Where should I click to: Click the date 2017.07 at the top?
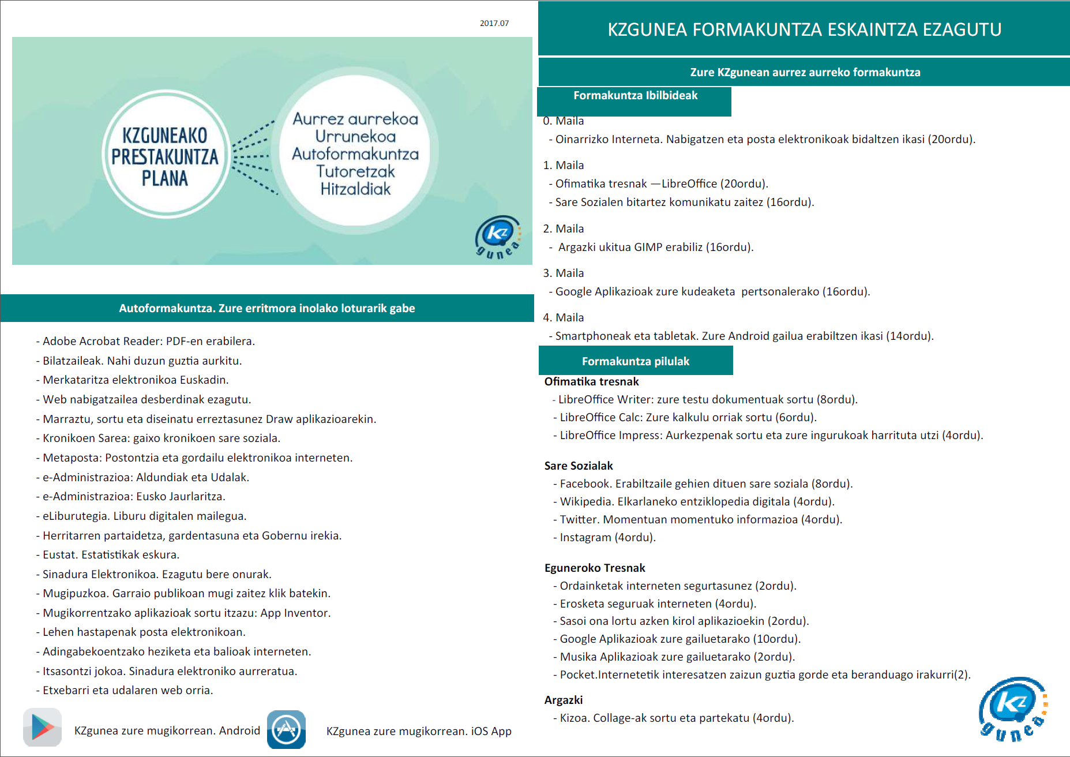point(494,24)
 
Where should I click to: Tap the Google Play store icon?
point(43,728)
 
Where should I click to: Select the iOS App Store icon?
point(286,729)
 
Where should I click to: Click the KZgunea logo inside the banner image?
point(498,237)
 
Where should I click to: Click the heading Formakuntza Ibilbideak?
point(635,96)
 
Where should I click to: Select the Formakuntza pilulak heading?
point(635,361)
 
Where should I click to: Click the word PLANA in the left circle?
point(165,178)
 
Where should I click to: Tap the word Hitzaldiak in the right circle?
point(355,189)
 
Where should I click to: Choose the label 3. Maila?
point(564,273)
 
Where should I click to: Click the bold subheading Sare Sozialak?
point(579,466)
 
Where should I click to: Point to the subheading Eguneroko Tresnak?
point(595,568)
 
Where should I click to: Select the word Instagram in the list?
point(585,537)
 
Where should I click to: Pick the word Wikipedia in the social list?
point(585,501)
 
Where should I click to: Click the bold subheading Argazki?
point(564,700)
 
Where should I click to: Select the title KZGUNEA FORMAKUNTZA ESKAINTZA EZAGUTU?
point(804,29)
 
